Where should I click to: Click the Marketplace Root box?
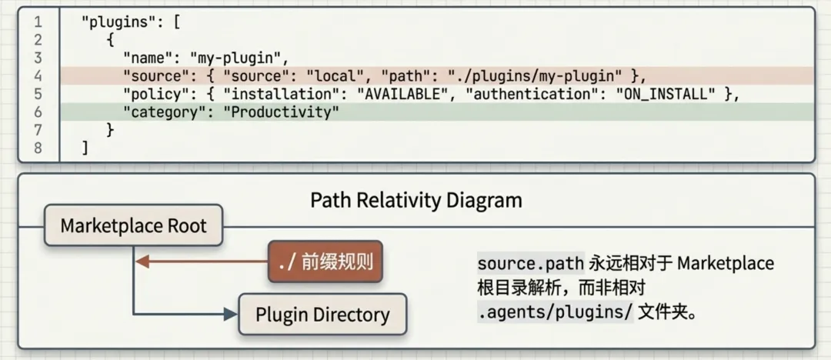pyautogui.click(x=133, y=226)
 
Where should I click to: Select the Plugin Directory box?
pyautogui.click(x=322, y=315)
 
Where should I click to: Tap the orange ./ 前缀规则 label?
pyautogui.click(x=325, y=262)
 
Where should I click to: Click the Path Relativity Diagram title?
pyautogui.click(x=416, y=201)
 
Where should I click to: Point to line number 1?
pyautogui.click(x=37, y=22)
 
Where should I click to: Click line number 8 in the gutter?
pyautogui.click(x=37, y=148)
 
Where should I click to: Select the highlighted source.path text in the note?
pyautogui.click(x=531, y=263)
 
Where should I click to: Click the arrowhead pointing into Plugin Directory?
pyautogui.click(x=230, y=314)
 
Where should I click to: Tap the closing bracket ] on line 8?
pyautogui.click(x=85, y=148)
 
